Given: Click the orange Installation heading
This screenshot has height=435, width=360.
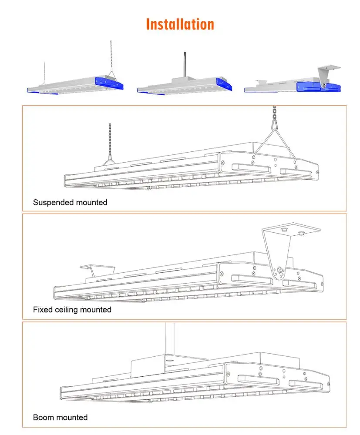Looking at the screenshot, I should pyautogui.click(x=180, y=24).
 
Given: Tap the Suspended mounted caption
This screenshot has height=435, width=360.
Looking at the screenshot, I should pyautogui.click(x=70, y=202).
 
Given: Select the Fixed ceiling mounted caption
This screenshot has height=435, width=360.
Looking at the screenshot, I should pyautogui.click(x=72, y=310).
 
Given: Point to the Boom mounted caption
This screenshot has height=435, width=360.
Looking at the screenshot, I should pyautogui.click(x=61, y=418).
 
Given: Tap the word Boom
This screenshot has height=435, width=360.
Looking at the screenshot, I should pyautogui.click(x=42, y=418).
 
